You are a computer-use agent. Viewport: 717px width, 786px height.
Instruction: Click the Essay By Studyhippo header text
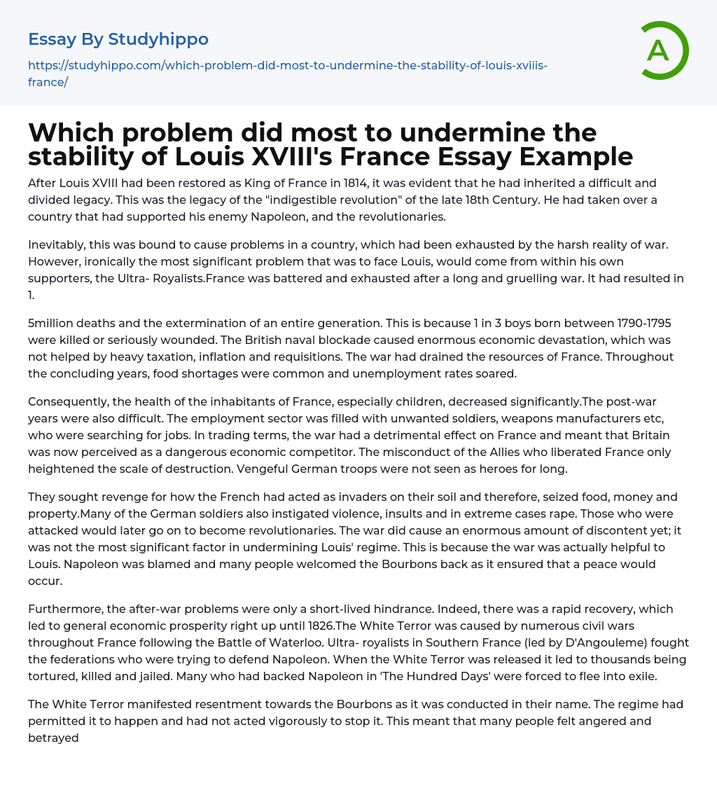(118, 39)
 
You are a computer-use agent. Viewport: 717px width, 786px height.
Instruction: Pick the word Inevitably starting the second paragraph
(57, 244)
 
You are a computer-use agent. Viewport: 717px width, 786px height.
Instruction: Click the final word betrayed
(53, 738)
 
